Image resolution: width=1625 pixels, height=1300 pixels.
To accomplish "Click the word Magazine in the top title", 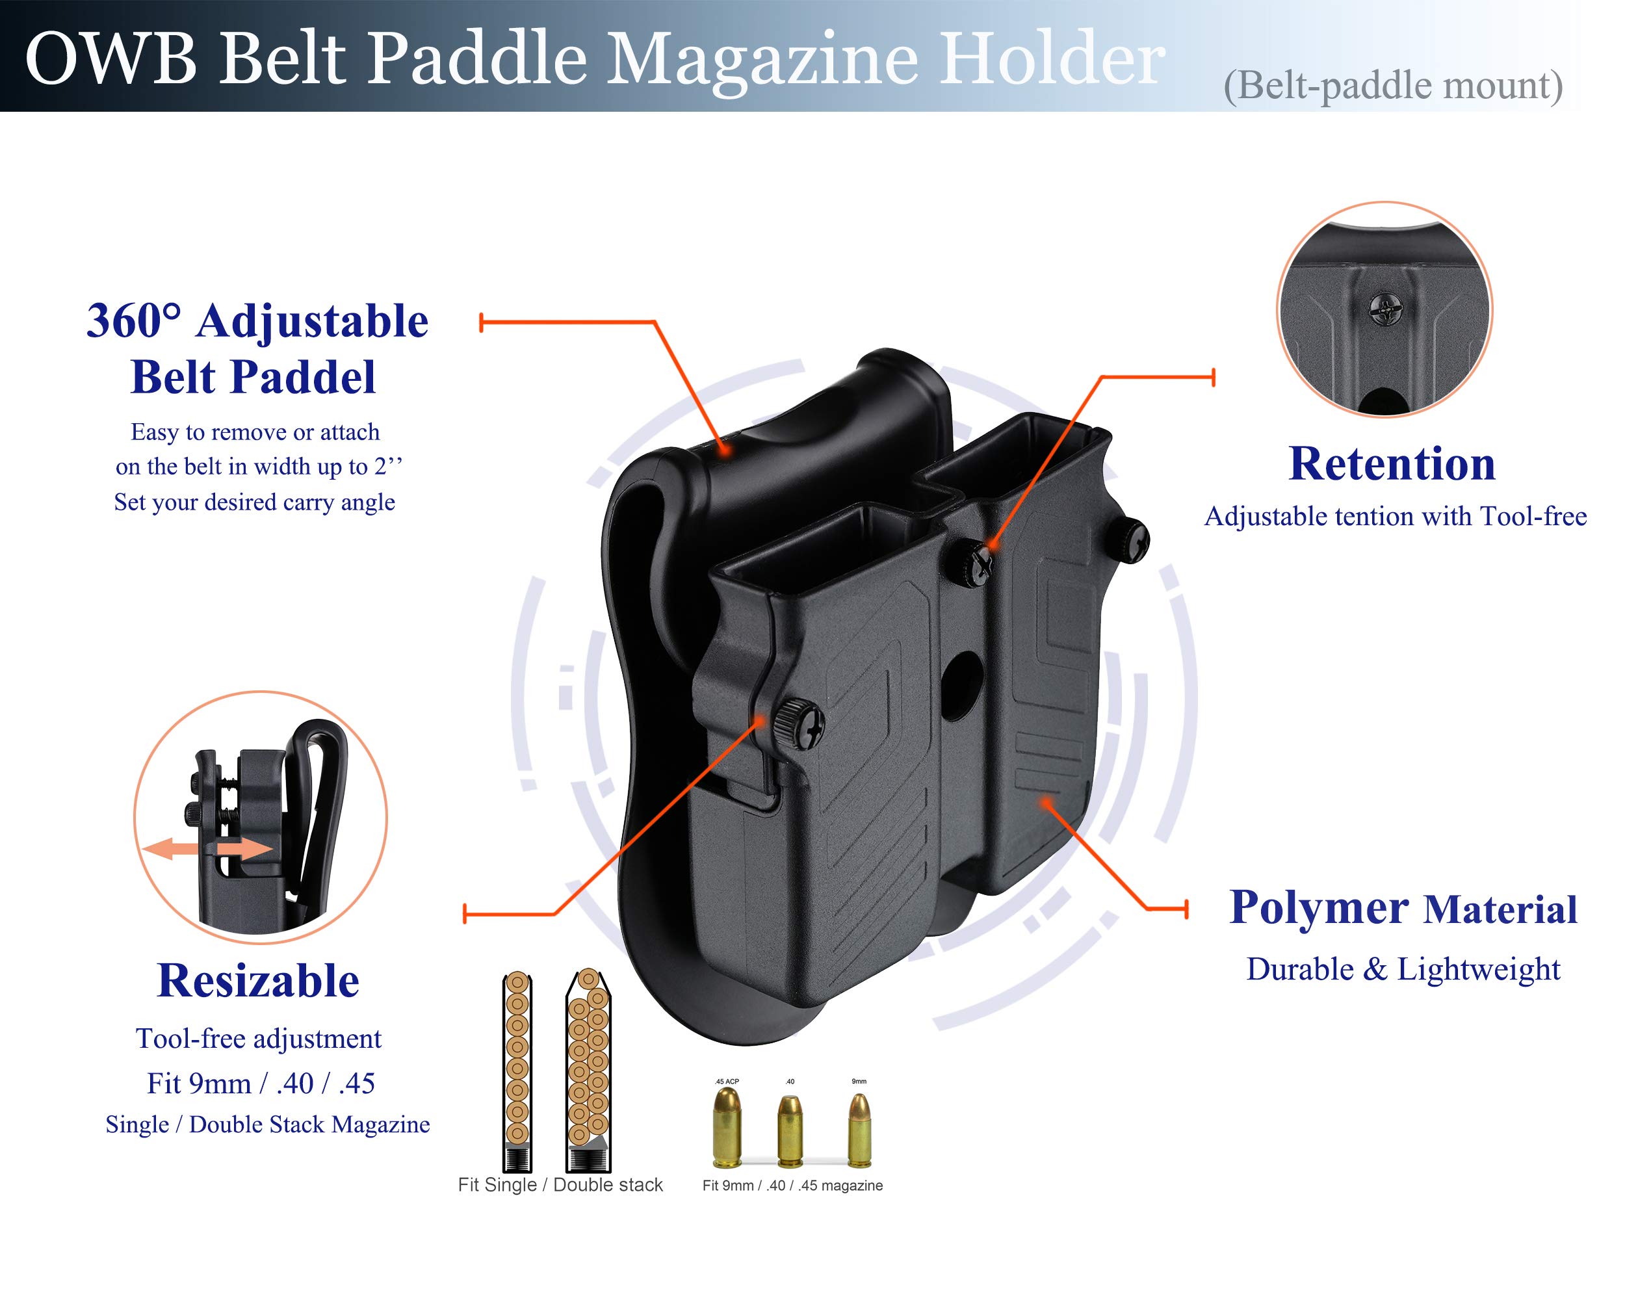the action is point(762,60).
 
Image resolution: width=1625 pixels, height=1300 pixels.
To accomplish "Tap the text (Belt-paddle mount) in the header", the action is point(1392,86).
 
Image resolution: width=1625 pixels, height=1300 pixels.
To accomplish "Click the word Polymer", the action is point(1319,907).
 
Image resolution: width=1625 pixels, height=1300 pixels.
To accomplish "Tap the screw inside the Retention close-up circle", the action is point(1386,308).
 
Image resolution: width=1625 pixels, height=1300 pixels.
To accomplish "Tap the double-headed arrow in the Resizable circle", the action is point(207,849).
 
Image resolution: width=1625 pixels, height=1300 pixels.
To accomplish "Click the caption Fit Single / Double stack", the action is point(560,1185).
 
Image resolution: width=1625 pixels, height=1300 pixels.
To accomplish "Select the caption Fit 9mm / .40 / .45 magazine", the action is point(792,1186).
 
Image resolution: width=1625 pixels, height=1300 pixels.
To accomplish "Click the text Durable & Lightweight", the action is point(1403,969).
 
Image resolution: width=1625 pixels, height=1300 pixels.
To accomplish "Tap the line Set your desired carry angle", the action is point(254,502).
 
